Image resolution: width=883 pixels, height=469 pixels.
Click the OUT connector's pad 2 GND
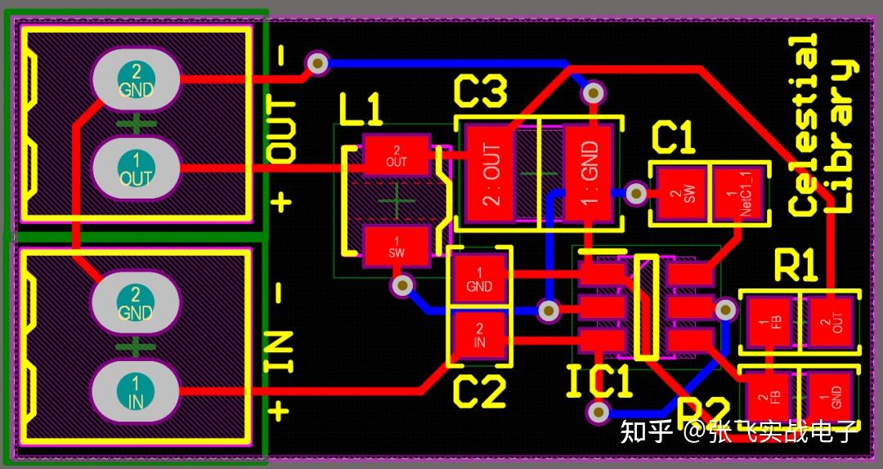136,80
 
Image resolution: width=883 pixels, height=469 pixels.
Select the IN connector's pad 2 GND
136,303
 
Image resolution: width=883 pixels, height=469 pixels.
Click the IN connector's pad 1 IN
136,391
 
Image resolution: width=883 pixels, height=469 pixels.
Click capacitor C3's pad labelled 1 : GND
589,172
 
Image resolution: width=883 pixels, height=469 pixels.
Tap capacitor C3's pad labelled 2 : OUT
490,172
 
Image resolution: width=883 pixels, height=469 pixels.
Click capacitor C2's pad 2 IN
479,335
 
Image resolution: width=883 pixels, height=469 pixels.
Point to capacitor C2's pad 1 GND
479,279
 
